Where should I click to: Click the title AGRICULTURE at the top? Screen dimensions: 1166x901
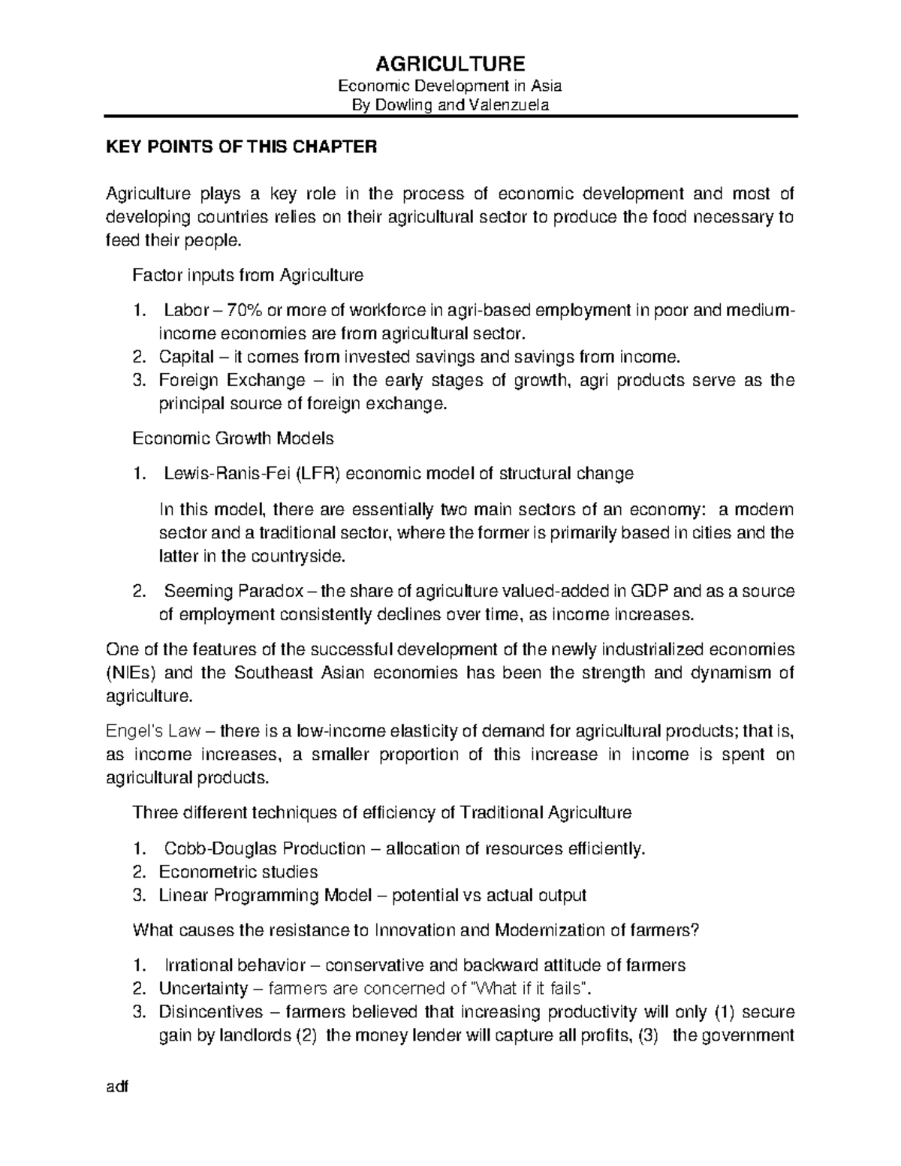pos(450,62)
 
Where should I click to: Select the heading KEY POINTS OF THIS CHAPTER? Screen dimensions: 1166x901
pos(241,147)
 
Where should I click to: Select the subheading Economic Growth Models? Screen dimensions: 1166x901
pos(233,438)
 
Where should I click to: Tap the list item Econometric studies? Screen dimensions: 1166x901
pos(238,872)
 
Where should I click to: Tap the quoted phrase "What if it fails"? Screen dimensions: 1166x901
pos(530,989)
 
